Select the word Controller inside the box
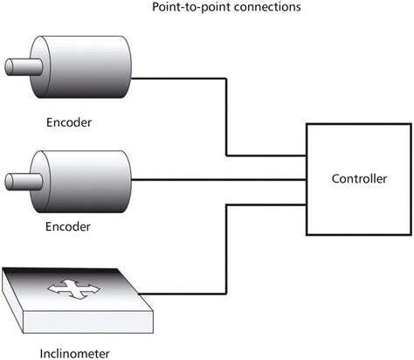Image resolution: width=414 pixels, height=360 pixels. pyautogui.click(x=359, y=180)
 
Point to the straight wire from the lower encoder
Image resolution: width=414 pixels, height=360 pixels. pyautogui.click(x=218, y=181)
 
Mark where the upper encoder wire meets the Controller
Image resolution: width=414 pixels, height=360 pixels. pyautogui.click(x=306, y=157)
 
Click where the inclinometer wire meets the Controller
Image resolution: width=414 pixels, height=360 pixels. pyautogui.click(x=306, y=206)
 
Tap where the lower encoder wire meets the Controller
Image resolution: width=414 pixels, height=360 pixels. pyautogui.click(x=306, y=181)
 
